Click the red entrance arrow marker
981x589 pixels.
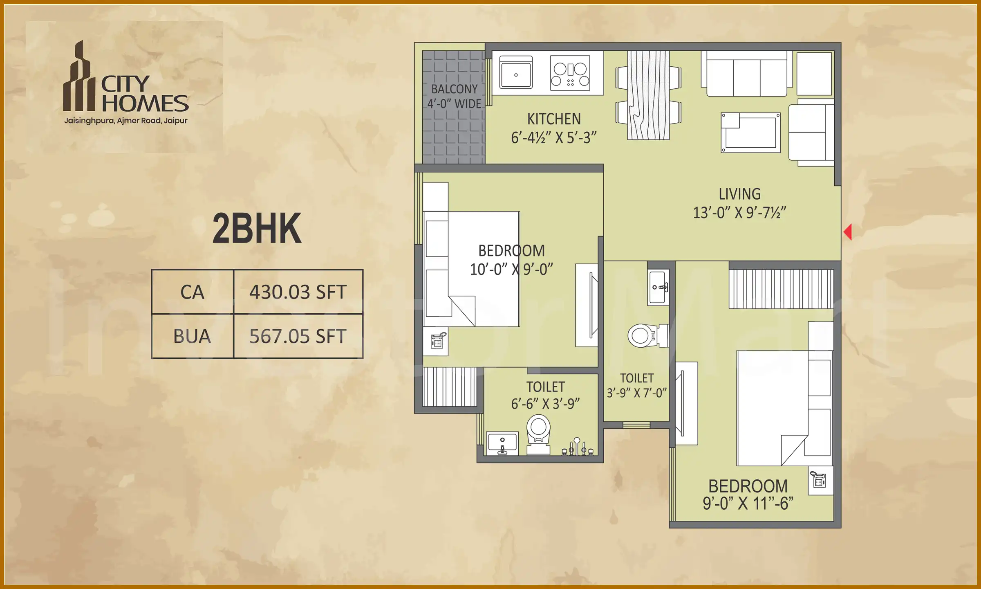click(x=848, y=232)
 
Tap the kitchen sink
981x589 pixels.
click(x=516, y=72)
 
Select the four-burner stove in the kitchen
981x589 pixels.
click(x=570, y=73)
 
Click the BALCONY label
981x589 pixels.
click(x=454, y=89)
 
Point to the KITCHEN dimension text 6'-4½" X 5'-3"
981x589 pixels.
click(x=553, y=138)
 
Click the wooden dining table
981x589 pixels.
click(x=649, y=95)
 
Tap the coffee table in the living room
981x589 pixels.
click(x=750, y=133)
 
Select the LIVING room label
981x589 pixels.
click(x=739, y=194)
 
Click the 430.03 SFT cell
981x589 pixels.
click(x=298, y=292)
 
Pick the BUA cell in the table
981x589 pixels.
click(x=192, y=336)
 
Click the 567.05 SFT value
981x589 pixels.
click(x=298, y=336)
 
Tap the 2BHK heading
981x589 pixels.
click(x=257, y=229)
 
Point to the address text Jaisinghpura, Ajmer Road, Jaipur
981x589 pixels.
click(x=125, y=121)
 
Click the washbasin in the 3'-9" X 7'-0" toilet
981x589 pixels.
click(x=658, y=287)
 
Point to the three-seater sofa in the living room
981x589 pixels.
click(x=746, y=75)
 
